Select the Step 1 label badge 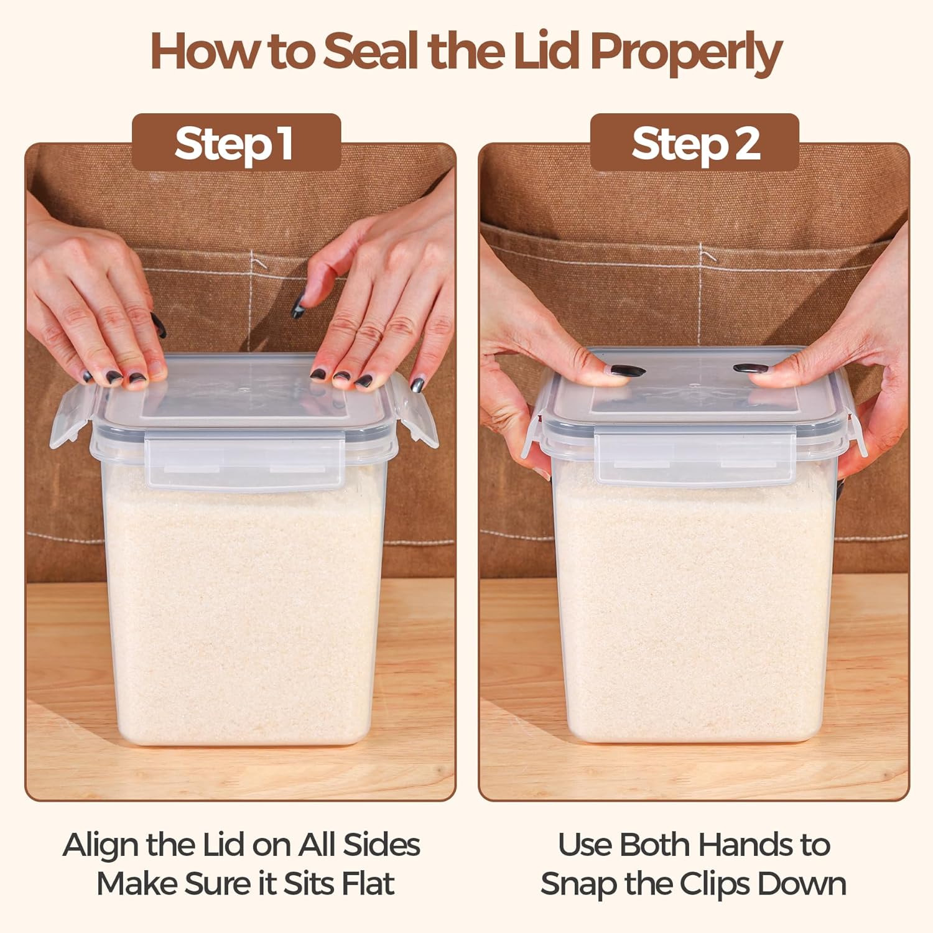tap(236, 142)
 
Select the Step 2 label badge tap(694, 142)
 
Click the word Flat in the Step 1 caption tap(368, 883)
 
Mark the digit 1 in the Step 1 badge tap(286, 144)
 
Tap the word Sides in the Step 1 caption tap(381, 845)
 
